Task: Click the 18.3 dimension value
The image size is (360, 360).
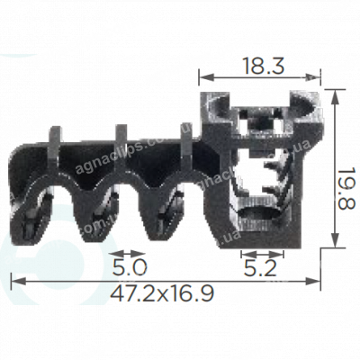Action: (x=258, y=64)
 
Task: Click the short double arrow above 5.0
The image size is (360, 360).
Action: (x=129, y=254)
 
